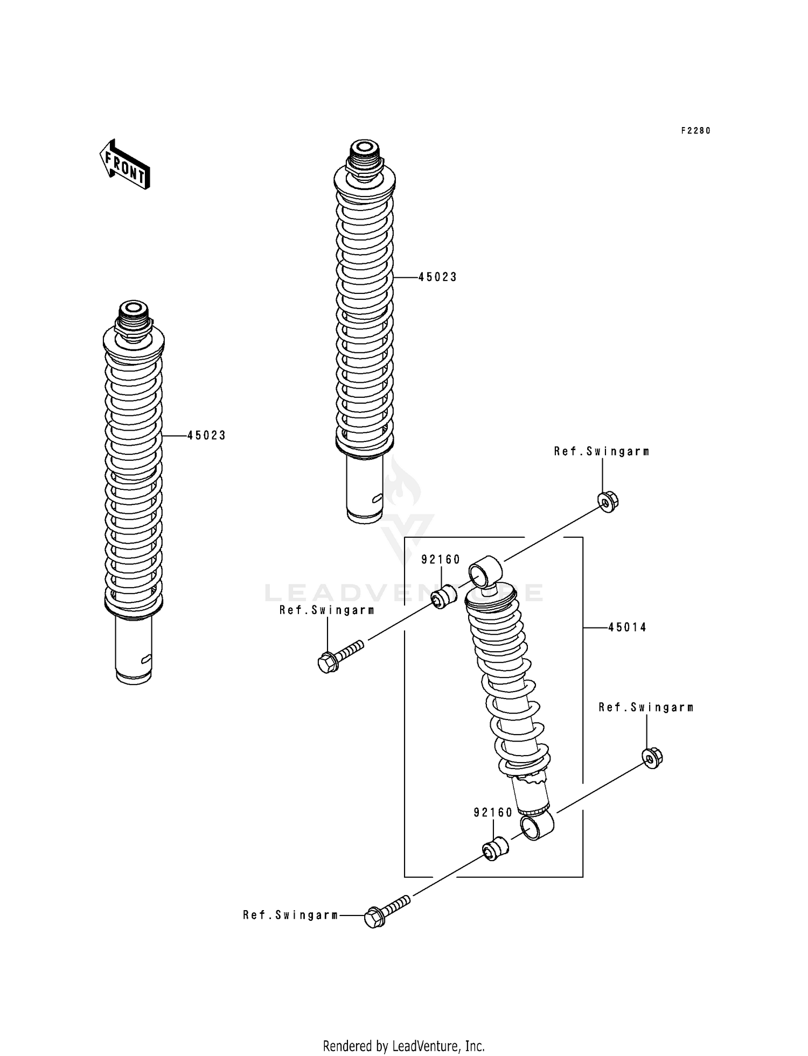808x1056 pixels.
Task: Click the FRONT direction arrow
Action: [124, 165]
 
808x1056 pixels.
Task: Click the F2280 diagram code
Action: [695, 131]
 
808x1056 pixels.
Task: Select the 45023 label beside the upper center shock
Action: [437, 277]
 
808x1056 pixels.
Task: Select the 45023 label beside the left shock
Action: [206, 435]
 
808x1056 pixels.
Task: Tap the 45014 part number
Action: [627, 627]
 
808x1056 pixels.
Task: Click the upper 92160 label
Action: [441, 560]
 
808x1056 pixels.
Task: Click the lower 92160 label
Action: [493, 813]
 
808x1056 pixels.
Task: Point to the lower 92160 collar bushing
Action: [495, 848]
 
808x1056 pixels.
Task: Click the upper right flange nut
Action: [609, 502]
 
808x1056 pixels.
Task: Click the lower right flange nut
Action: [652, 758]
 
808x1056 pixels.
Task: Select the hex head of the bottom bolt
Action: [374, 917]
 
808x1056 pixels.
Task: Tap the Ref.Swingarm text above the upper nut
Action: [601, 452]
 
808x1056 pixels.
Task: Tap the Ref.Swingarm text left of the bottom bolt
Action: [290, 915]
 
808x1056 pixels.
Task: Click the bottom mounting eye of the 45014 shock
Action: [537, 826]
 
